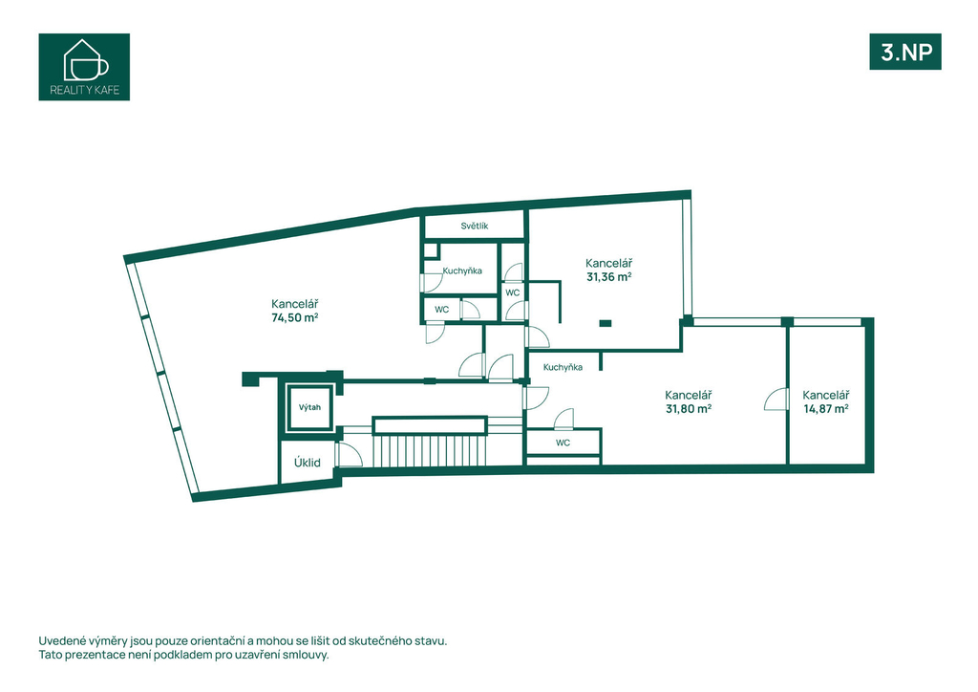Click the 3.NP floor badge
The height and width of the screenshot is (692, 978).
[905, 52]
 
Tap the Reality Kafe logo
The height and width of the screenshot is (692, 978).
[84, 67]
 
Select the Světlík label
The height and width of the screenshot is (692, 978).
[475, 226]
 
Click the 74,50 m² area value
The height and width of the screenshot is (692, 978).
[295, 317]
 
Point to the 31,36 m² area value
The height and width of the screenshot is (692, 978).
[608, 277]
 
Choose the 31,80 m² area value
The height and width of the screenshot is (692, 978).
[689, 409]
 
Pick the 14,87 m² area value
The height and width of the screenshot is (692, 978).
[826, 409]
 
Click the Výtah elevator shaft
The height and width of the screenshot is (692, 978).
[309, 407]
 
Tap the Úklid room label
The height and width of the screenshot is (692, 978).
[308, 463]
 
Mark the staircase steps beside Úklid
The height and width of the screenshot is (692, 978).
[430, 450]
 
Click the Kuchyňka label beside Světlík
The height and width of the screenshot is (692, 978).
[462, 270]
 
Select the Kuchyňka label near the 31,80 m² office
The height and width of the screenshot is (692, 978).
[563, 367]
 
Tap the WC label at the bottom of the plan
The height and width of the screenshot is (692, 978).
[563, 443]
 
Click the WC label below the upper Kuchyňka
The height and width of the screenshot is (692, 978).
[441, 310]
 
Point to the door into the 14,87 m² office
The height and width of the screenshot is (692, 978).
[776, 400]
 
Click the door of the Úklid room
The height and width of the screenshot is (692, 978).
[349, 454]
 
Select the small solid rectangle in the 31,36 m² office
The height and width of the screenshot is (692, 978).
[605, 323]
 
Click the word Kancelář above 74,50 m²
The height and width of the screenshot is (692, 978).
[295, 304]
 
